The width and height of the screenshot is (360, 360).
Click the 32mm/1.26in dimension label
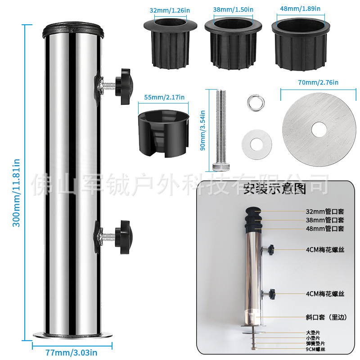[170, 10]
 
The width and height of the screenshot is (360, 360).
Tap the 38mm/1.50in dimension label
[233, 9]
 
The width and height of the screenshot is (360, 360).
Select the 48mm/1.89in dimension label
[300, 9]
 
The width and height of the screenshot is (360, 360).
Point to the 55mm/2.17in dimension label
[164, 97]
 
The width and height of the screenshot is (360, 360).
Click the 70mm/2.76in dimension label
[318, 82]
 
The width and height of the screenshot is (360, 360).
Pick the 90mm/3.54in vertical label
[202, 130]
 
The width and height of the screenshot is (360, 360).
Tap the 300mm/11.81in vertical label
[16, 193]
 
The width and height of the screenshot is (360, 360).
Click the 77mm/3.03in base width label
[71, 353]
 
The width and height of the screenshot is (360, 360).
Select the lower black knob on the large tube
[124, 237]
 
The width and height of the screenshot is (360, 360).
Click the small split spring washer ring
[256, 103]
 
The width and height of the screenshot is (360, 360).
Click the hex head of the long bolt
[221, 166]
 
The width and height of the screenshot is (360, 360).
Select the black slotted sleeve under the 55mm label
[163, 134]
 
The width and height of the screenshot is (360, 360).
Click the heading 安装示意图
[274, 189]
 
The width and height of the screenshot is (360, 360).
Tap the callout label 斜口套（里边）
[326, 317]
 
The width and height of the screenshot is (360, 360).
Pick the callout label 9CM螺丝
[315, 349]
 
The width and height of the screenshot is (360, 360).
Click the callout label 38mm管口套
[325, 220]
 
